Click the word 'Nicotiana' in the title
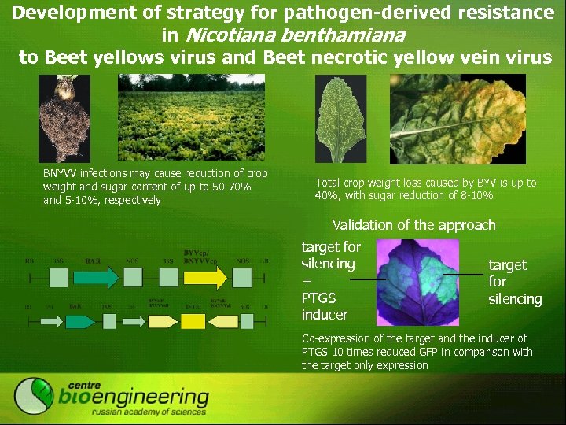(x=222, y=35)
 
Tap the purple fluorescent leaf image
(x=417, y=283)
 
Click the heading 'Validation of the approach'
(x=413, y=225)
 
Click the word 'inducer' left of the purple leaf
(x=325, y=315)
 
